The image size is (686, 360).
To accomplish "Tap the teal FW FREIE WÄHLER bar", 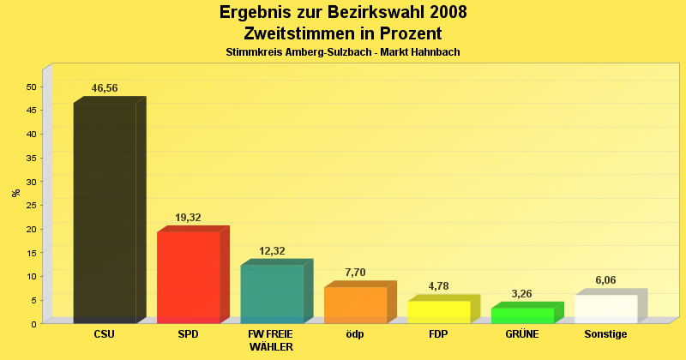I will coord(272,294).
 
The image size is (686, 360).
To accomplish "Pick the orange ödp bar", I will coord(355,305).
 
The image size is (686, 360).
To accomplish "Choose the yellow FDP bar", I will coord(438,312).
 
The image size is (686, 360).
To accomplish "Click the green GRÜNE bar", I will coord(522,315).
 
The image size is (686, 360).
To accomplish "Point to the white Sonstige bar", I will coord(605,309).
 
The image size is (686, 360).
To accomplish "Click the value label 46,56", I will coord(105,88).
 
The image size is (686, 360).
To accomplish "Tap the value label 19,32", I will coord(188,218).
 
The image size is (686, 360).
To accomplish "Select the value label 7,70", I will coord(355,273).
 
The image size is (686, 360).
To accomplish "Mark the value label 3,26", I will coord(522,294).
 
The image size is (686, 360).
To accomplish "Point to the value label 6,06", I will coord(605,280).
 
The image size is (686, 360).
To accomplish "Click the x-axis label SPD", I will coord(188,334).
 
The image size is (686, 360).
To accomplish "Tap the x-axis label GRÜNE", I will coord(522,334).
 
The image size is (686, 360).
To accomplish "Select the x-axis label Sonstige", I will coord(605,334).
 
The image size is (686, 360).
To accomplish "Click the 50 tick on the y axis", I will coord(32,87).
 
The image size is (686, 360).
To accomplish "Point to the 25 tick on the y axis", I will coord(32,206).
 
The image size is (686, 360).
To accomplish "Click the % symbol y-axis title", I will coord(15,193).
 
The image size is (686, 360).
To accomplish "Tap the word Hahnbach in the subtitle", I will coord(436,52).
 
